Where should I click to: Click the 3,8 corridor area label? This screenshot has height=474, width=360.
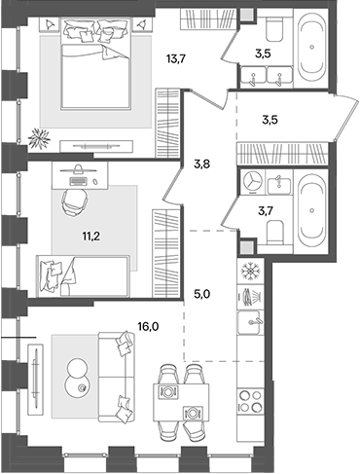pyautogui.click(x=202, y=164)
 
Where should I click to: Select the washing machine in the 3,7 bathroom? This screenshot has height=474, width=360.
pyautogui.click(x=252, y=183)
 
